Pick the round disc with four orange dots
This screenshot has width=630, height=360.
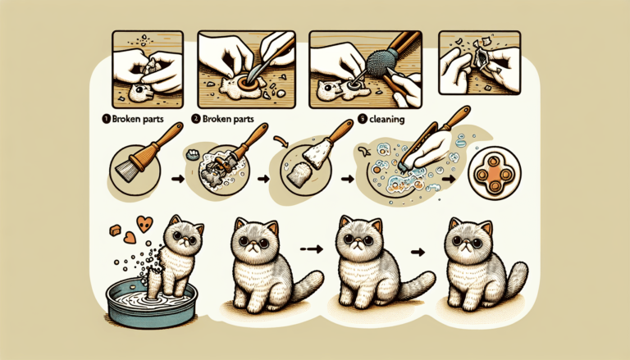coord(490,175)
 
